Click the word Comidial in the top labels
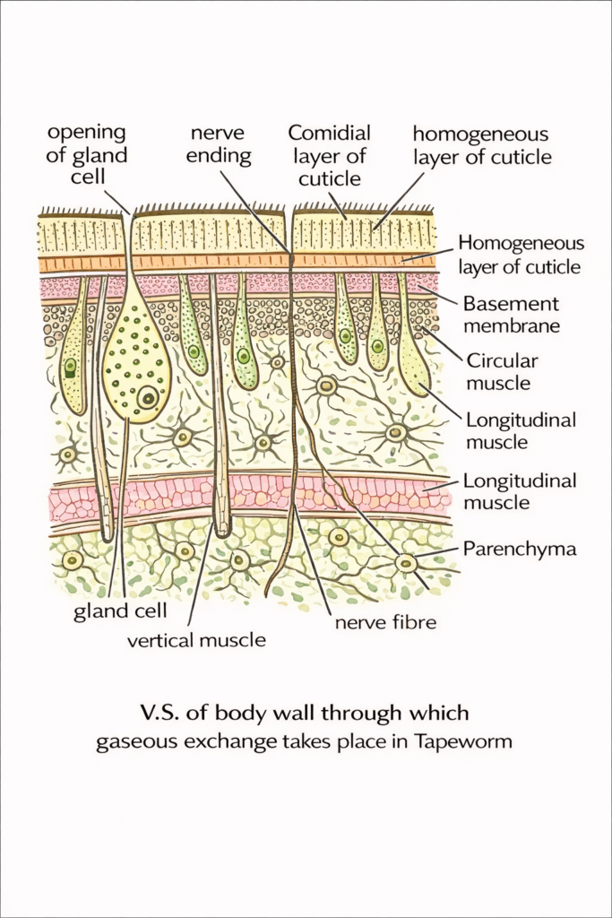[329, 134]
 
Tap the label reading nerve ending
[220, 145]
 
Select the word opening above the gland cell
[86, 134]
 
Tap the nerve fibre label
[384, 620]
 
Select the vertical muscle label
[196, 640]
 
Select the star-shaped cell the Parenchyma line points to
[406, 563]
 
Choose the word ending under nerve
[220, 156]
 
